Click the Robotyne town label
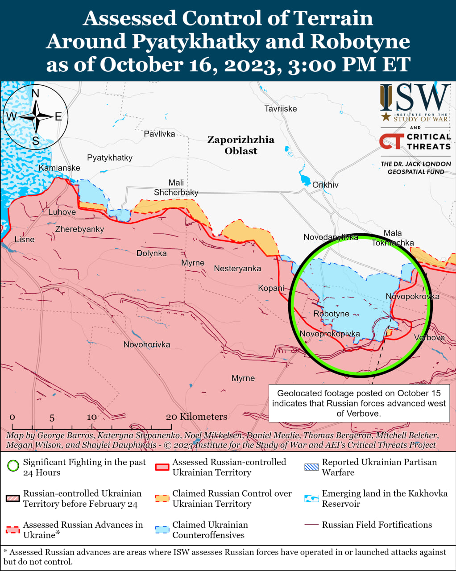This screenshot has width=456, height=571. pos(331,314)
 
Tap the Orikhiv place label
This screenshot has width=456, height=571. pos(325,185)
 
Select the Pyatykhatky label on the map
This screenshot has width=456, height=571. pos(110,157)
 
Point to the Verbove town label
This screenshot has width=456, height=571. pos(429,337)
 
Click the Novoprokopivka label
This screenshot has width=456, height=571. pos(330,334)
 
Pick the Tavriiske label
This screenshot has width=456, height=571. pos(280,108)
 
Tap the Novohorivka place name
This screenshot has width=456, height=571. pos(147,344)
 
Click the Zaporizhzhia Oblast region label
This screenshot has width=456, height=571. pos(241,145)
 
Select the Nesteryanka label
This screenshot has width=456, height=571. pos(237,268)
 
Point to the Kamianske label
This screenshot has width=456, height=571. pos(59,168)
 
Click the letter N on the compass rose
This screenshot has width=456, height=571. pos(36,93)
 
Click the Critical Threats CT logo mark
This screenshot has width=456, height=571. pos(391,142)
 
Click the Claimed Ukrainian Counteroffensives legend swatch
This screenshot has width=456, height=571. pos(162,530)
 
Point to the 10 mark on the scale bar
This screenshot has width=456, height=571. pos(92,417)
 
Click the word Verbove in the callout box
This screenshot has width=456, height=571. pos(364,414)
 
